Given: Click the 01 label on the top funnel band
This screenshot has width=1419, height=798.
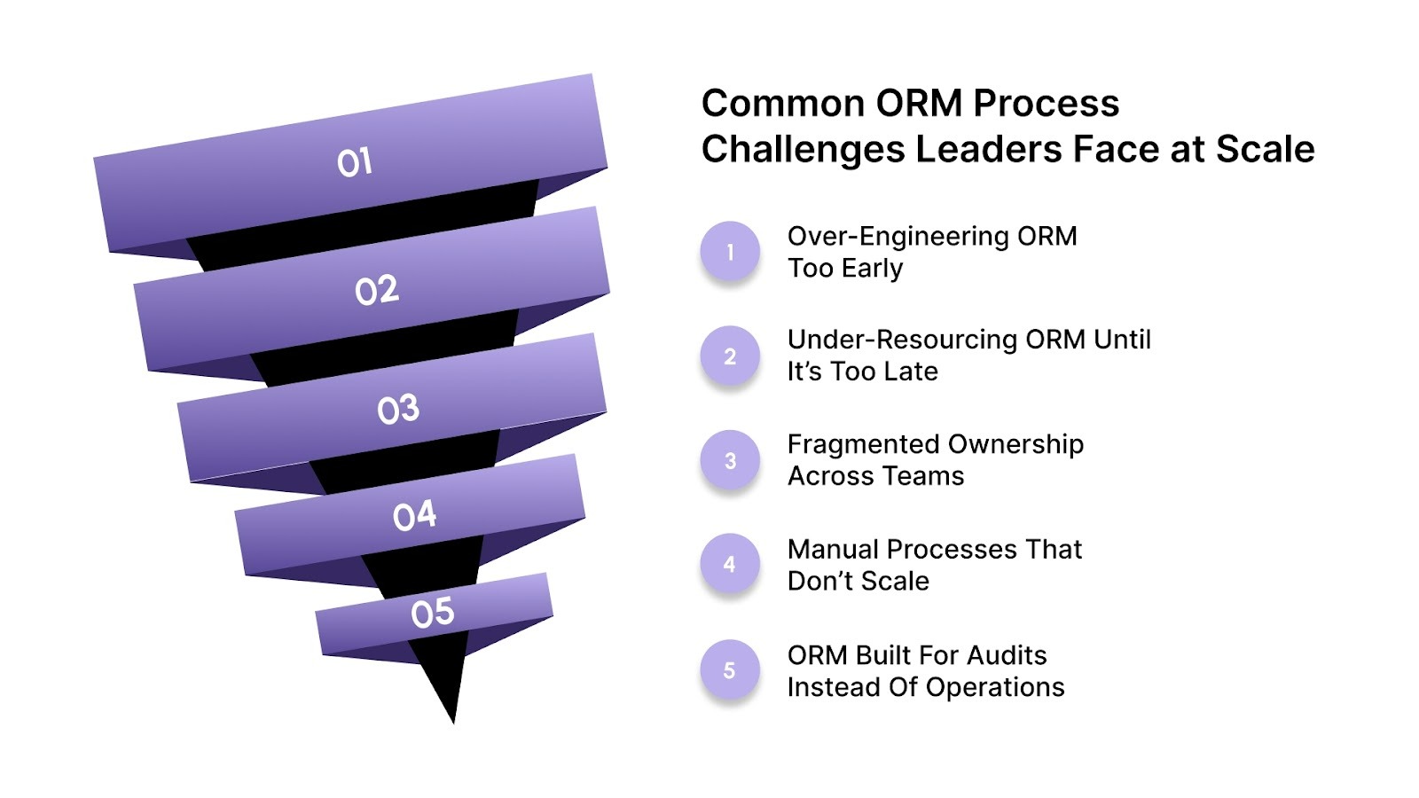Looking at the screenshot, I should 354,162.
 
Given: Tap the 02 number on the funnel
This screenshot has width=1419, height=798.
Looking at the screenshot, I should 377,290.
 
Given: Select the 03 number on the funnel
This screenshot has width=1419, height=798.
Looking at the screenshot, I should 397,409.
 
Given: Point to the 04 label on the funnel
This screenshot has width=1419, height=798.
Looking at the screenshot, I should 414,515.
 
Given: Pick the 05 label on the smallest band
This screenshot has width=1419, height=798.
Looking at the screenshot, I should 432,613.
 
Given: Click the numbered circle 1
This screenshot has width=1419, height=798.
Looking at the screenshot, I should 730,252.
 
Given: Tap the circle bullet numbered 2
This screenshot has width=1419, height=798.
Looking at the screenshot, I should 730,356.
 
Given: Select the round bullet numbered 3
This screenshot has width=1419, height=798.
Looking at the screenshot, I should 730,461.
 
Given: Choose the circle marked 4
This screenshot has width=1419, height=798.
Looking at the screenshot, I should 730,564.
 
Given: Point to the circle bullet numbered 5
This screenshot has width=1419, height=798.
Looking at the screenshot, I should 730,670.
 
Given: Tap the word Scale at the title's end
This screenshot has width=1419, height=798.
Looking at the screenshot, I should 1265,149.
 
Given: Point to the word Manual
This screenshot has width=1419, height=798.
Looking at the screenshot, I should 833,550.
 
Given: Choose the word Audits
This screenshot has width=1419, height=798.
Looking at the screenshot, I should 1007,655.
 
